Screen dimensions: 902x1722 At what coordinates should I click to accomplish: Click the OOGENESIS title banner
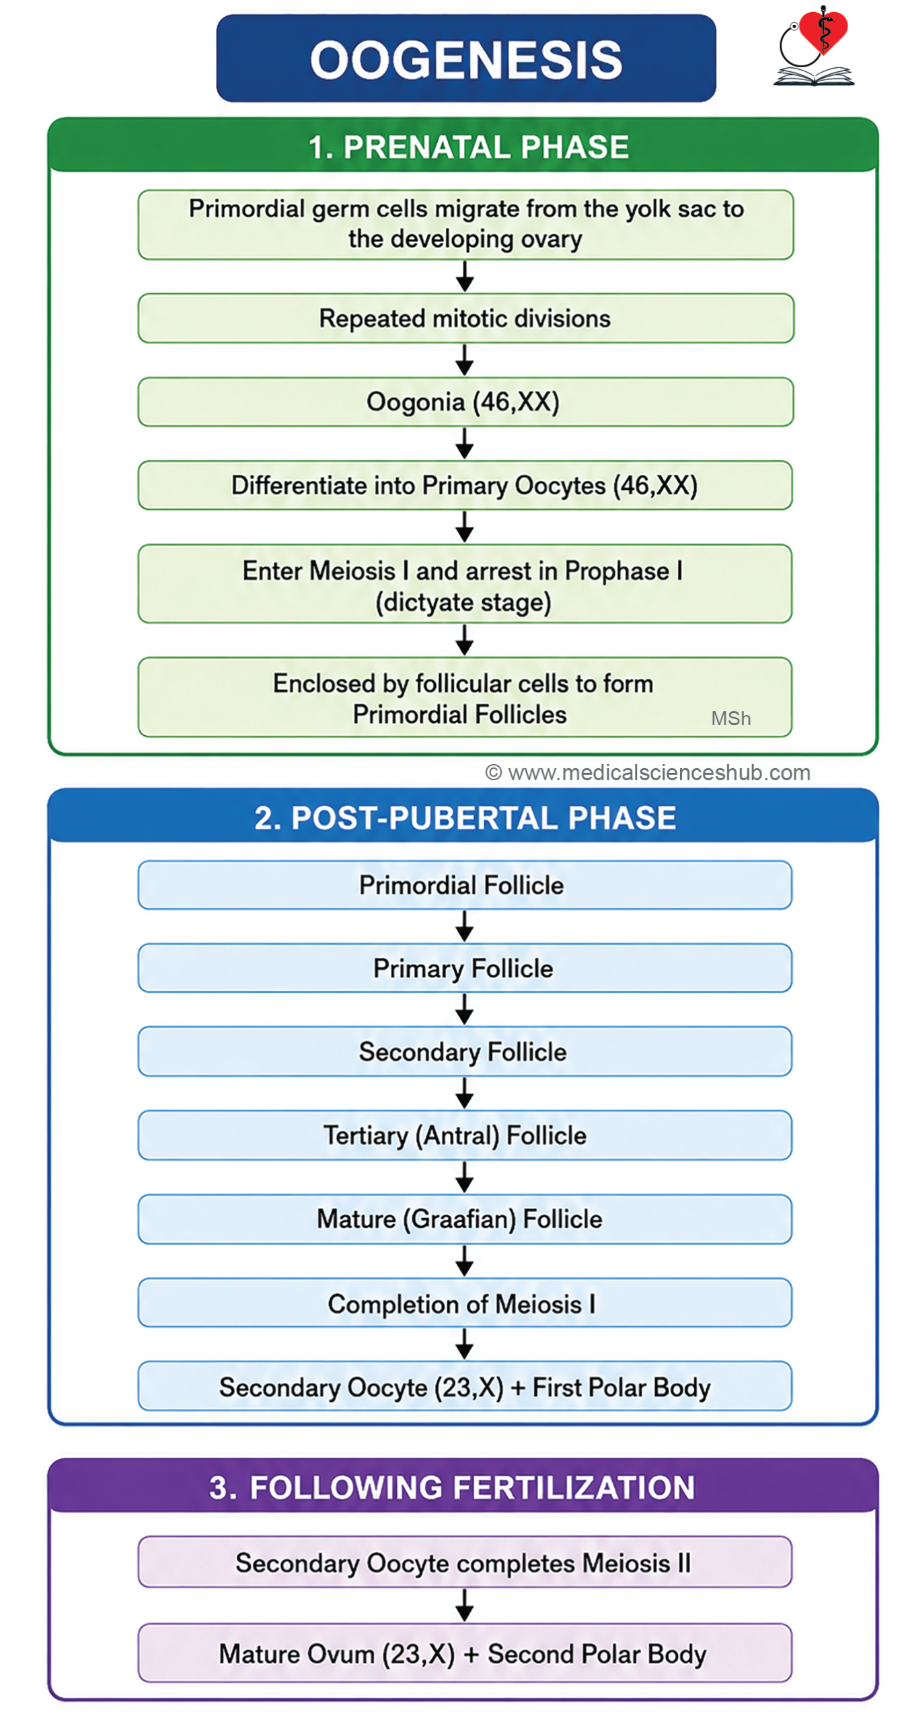[465, 59]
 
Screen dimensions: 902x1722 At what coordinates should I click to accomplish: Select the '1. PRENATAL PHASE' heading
[468, 147]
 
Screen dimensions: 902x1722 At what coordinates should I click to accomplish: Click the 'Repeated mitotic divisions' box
[465, 318]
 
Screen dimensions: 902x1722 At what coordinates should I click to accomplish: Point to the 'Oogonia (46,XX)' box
[465, 402]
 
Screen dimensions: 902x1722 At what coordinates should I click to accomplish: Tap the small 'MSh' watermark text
[730, 718]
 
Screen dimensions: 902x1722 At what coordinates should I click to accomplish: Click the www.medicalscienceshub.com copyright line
[648, 772]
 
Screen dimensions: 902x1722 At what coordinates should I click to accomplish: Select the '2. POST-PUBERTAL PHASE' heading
[465, 818]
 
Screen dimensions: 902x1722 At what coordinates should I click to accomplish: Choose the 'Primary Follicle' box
[465, 968]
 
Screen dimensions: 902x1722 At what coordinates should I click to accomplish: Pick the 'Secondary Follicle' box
[465, 1051]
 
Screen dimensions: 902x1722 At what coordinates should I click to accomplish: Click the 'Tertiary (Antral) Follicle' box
[465, 1135]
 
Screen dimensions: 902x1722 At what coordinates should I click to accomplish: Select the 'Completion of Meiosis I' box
[465, 1303]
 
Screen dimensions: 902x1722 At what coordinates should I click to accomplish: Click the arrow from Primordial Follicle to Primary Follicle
[464, 926]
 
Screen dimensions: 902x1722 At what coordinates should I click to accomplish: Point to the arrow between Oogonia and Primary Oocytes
[464, 443]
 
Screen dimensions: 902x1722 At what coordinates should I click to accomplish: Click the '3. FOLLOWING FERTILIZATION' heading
[452, 1488]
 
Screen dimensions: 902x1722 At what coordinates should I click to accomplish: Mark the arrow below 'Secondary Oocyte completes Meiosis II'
[464, 1605]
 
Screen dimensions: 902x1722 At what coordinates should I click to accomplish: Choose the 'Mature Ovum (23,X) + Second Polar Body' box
[465, 1653]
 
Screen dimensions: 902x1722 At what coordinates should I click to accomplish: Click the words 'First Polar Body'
[621, 1388]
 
